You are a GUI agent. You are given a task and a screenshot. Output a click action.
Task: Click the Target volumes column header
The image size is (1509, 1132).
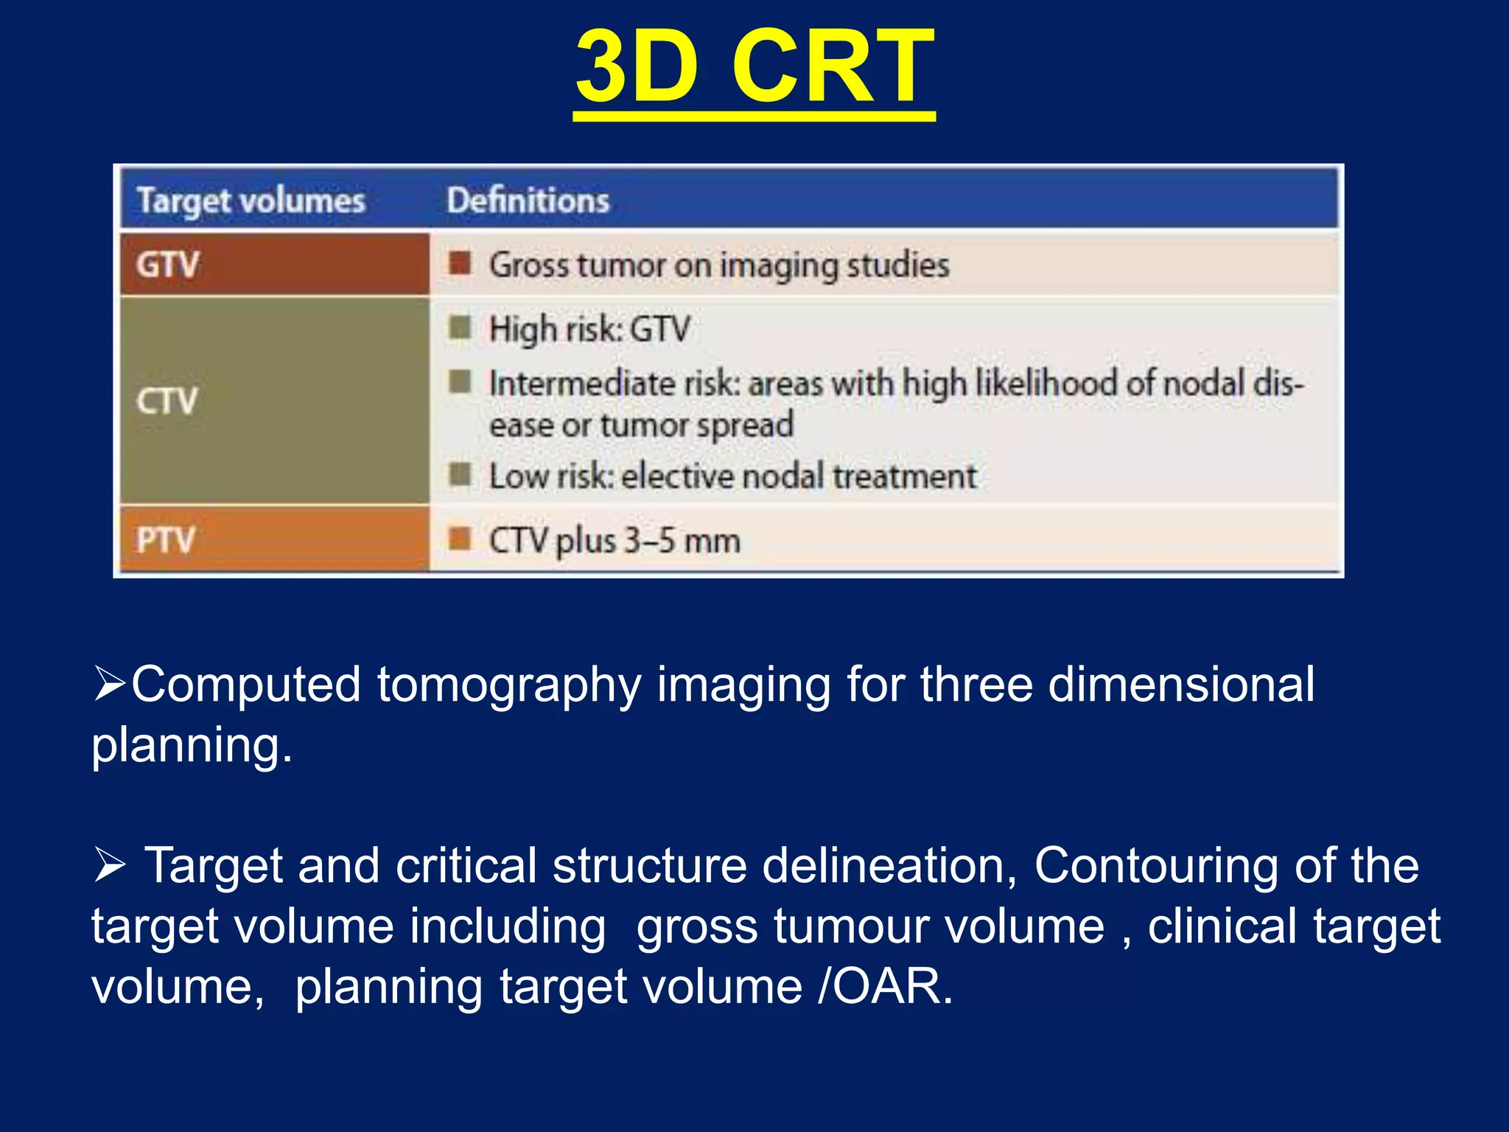[251, 200]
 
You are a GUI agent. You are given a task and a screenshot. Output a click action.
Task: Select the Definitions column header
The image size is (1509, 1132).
[528, 200]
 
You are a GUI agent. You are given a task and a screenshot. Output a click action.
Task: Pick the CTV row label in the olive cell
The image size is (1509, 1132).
[167, 401]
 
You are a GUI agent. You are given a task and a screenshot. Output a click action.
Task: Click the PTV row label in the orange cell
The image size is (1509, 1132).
[165, 539]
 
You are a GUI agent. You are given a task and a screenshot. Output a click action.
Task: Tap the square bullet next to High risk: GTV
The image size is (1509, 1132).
[461, 327]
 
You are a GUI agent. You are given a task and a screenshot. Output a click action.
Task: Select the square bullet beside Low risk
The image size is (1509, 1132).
[461, 475]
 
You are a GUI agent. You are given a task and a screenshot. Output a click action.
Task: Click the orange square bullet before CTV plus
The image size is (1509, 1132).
[461, 539]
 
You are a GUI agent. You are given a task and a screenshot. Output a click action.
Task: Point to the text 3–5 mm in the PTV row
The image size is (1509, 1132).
[682, 540]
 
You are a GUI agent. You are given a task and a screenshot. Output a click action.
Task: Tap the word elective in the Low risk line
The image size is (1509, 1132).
[678, 476]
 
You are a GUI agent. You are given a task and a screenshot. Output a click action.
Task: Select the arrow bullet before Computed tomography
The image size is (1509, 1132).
[110, 684]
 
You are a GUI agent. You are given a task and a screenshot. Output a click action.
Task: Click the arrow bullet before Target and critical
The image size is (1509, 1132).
[110, 864]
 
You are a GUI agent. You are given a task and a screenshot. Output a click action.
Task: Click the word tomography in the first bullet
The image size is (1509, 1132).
[508, 685]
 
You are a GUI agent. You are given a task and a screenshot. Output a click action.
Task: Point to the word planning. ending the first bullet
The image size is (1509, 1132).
[192, 746]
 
